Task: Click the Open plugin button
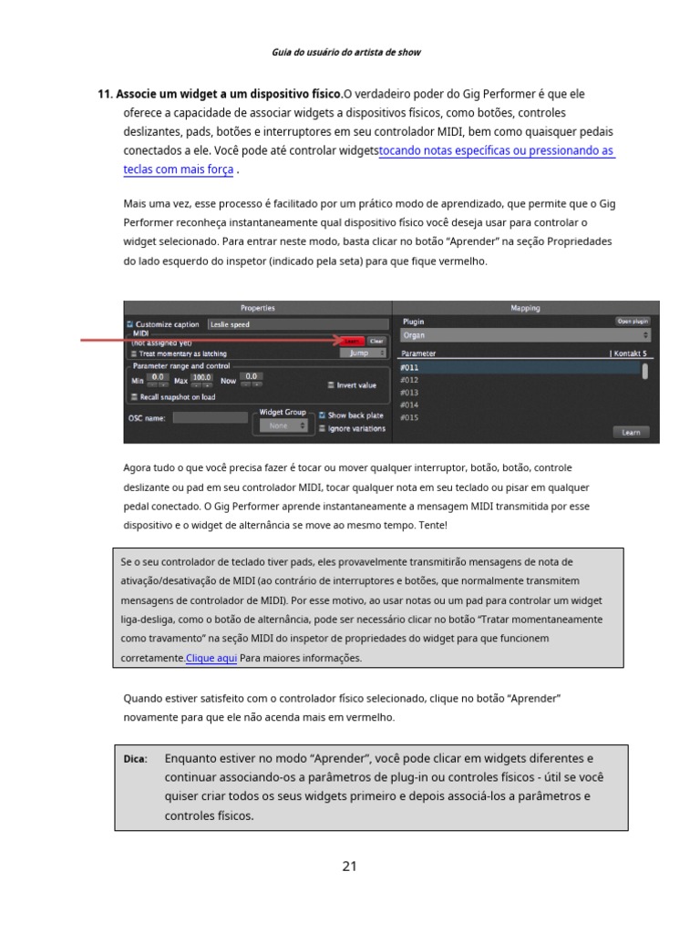(x=633, y=322)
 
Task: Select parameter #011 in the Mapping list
(x=519, y=368)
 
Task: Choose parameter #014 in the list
(x=519, y=405)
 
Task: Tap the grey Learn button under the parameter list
(x=631, y=432)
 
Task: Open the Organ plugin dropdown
(x=526, y=335)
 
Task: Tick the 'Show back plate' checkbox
(x=323, y=415)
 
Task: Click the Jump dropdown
(x=363, y=353)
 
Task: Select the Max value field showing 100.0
(x=201, y=377)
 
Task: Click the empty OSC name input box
(x=210, y=418)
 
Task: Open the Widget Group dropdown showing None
(x=283, y=425)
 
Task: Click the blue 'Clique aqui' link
(x=211, y=658)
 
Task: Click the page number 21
(x=350, y=866)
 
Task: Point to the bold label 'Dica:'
(x=136, y=759)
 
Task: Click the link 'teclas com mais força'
(x=179, y=169)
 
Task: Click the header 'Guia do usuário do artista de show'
(x=346, y=52)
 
